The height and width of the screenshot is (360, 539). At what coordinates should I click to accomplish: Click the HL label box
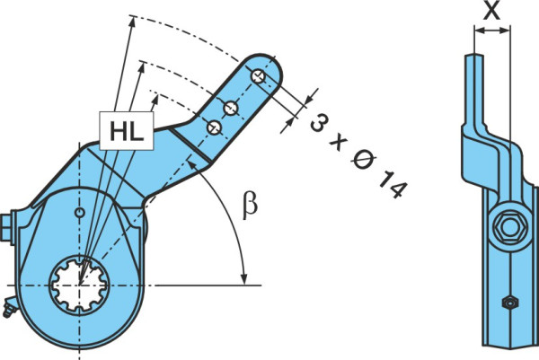[127, 130]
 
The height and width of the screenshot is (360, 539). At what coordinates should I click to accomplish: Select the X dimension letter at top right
[491, 11]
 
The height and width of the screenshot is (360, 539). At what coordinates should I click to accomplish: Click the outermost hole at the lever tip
[258, 76]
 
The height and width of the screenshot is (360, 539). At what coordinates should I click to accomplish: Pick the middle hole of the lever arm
[230, 108]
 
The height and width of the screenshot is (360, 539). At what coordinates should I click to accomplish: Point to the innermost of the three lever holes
[215, 127]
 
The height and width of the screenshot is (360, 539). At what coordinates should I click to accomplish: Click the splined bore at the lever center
[79, 285]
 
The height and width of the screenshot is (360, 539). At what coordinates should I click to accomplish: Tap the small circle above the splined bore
[80, 213]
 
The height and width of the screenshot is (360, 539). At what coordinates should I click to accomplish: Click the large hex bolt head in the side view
[509, 227]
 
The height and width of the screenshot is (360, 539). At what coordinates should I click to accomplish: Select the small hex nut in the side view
[510, 303]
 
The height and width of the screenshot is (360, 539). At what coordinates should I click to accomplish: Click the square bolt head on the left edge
[6, 228]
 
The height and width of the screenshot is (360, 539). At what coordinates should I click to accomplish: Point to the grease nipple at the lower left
[9, 308]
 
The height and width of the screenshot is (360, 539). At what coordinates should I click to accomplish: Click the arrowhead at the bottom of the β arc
[244, 279]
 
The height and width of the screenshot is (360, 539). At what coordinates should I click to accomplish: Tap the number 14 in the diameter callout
[393, 186]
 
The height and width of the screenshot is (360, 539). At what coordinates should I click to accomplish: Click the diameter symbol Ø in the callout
[363, 160]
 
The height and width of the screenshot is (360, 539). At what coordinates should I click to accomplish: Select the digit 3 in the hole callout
[319, 123]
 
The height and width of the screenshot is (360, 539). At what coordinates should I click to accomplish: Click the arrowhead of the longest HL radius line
[131, 21]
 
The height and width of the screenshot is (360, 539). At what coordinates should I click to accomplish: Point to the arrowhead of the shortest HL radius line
[155, 100]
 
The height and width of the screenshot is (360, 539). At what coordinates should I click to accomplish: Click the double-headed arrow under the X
[492, 31]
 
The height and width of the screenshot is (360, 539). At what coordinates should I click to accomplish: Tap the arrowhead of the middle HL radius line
[141, 67]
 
